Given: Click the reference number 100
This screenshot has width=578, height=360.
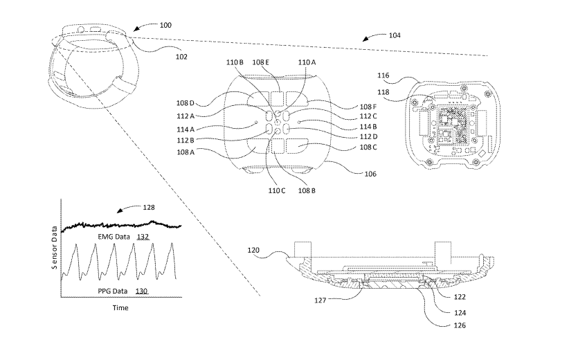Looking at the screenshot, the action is (x=165, y=25).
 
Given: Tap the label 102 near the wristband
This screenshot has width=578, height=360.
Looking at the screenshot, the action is (x=181, y=57).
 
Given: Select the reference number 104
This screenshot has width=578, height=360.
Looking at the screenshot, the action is (x=395, y=35).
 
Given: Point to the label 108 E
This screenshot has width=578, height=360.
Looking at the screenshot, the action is (x=260, y=62).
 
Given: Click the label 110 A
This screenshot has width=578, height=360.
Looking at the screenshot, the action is (x=307, y=62).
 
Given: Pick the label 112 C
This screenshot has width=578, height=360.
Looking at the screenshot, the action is (x=368, y=116).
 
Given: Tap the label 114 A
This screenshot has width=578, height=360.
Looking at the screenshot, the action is (x=186, y=129).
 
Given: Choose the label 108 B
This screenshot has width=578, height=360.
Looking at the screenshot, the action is (x=307, y=190).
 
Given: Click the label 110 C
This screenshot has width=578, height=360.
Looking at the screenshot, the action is (x=276, y=190).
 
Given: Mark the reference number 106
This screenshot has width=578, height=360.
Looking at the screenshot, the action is (x=370, y=174).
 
